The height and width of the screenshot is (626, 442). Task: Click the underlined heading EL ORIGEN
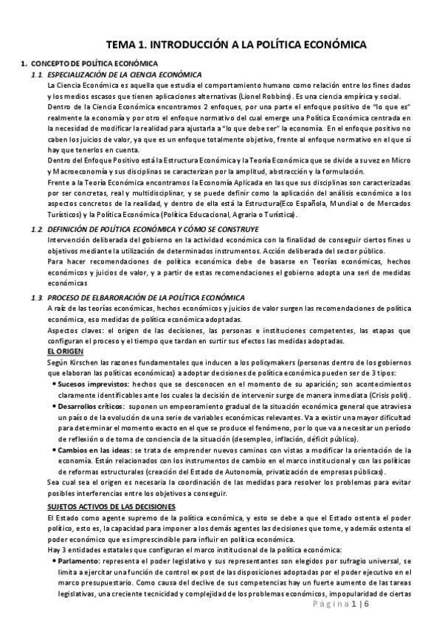[x=63, y=353]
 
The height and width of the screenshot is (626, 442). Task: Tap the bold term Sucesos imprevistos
[x=86, y=385]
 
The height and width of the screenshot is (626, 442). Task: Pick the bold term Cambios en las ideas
[x=91, y=450]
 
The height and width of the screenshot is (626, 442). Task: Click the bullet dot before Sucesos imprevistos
[x=54, y=385]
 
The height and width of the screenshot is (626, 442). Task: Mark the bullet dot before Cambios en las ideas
[x=54, y=450]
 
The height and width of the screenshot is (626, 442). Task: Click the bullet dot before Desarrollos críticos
[x=54, y=407]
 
